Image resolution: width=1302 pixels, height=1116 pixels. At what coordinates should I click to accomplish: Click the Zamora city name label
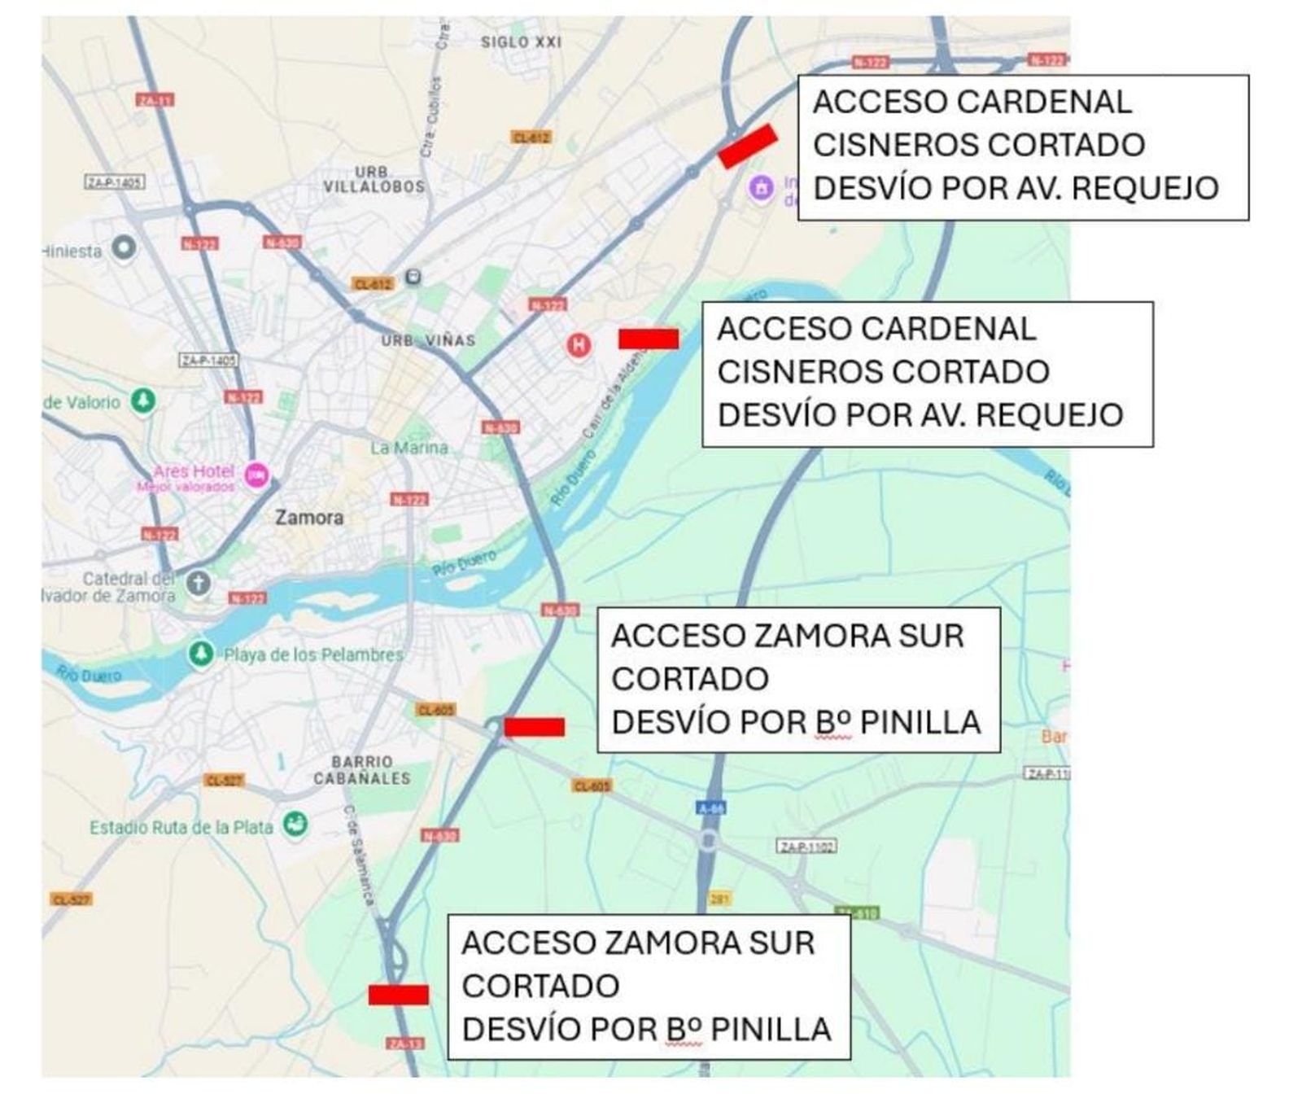coord(308,518)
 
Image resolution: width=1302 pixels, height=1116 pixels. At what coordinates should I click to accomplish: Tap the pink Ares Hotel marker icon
coord(257,474)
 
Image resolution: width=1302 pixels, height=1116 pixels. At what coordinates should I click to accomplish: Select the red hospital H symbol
coord(579,345)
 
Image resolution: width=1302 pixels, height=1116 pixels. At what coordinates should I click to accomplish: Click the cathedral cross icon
coord(198,583)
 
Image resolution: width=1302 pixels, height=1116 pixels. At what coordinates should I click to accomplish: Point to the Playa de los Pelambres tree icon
coord(200,653)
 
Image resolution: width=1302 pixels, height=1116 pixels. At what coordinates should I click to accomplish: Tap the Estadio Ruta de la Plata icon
coord(295,825)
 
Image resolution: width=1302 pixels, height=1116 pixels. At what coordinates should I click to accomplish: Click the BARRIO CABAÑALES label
coord(362,770)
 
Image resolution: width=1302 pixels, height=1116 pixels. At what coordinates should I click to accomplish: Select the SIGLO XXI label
coord(521,42)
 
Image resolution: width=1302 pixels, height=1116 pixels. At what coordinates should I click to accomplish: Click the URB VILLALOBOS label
coord(374,180)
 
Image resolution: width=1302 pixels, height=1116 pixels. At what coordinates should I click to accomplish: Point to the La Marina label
coord(409,448)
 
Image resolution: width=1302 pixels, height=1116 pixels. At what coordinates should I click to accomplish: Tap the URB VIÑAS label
coord(428,340)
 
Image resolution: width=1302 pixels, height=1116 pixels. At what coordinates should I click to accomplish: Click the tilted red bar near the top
coord(747,147)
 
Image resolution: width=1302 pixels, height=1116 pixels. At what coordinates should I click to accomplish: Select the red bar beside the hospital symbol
coord(648,339)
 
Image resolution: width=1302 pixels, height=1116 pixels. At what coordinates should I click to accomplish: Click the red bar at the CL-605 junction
coord(534,727)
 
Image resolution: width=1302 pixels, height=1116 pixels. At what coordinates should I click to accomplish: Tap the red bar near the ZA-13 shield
coord(398,994)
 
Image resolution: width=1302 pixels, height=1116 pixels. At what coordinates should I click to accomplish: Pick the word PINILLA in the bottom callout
coord(771,1030)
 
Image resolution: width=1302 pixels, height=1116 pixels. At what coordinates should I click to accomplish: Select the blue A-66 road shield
coord(711,808)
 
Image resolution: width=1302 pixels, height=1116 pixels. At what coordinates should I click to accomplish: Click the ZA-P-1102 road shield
coord(806,847)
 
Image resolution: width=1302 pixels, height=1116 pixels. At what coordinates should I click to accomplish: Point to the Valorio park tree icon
coord(144,400)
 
